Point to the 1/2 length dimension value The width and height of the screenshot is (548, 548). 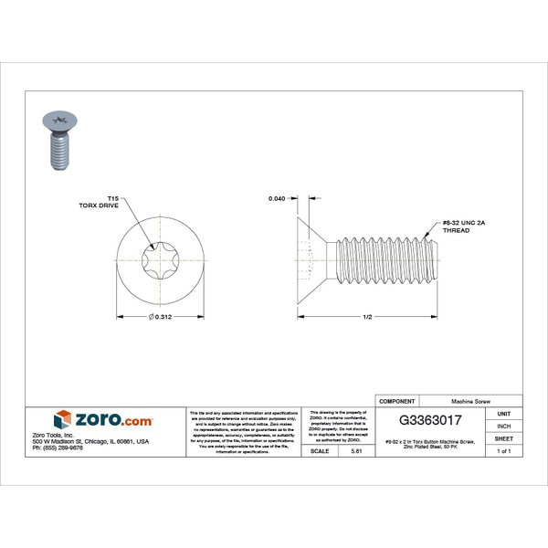(x=366, y=317)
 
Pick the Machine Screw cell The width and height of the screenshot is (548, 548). (x=474, y=401)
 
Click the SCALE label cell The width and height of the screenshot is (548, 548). (x=321, y=451)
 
